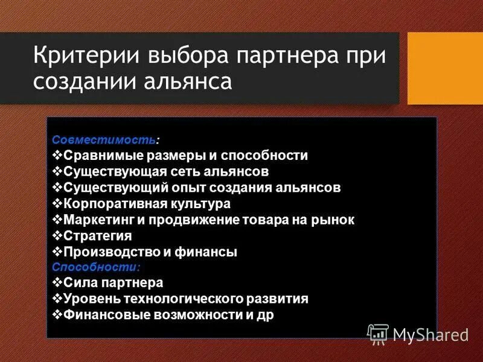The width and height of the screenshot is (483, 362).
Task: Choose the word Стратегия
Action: click(97, 236)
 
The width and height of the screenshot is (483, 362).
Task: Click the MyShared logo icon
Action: click(377, 334)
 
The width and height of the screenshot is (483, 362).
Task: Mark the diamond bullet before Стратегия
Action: click(57, 235)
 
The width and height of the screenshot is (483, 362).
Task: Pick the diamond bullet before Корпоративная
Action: click(57, 203)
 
